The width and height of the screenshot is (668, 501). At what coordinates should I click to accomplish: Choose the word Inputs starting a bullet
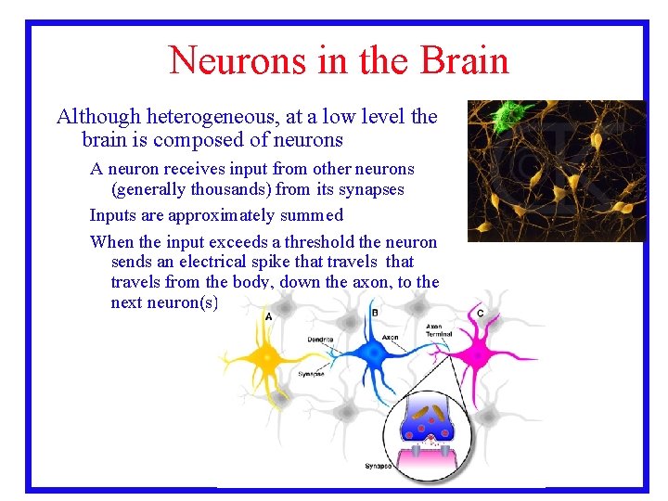117,215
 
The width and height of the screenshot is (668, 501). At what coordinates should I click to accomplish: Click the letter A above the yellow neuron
269,317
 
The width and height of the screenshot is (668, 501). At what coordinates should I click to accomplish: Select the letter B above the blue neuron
375,313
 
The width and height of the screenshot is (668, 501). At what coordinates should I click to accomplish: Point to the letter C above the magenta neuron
480,314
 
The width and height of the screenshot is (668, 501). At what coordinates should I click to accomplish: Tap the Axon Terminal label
439,330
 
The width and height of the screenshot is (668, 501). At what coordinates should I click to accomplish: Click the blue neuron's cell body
372,353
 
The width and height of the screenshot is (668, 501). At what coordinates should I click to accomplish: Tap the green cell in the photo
508,116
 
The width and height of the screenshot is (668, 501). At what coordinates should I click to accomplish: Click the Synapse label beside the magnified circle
378,466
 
